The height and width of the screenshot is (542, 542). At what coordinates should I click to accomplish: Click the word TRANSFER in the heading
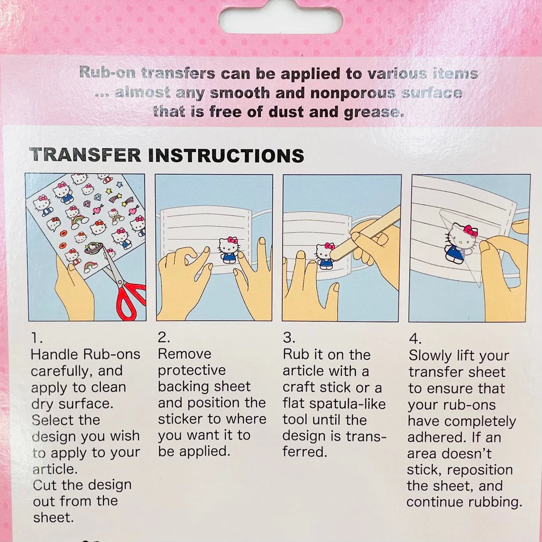(x=85, y=155)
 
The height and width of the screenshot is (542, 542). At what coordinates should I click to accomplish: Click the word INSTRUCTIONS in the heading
(x=226, y=156)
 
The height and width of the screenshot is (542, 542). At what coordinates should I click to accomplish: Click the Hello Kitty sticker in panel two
(x=229, y=249)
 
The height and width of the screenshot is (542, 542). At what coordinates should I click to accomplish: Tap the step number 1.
(x=37, y=338)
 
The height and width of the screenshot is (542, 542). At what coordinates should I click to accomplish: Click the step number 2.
(x=164, y=337)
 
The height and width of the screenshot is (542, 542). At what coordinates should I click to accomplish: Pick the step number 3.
(x=289, y=338)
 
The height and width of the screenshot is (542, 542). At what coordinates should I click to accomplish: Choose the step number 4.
(x=415, y=339)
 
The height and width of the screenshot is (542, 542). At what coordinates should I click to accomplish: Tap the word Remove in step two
(x=185, y=354)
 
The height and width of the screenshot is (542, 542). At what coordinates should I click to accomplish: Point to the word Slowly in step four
(x=430, y=356)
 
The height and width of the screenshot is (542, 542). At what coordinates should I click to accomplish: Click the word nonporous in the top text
(x=353, y=93)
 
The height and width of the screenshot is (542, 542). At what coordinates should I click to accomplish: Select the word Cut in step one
(x=46, y=485)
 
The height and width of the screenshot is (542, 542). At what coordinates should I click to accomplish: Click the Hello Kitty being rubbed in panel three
(x=325, y=256)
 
